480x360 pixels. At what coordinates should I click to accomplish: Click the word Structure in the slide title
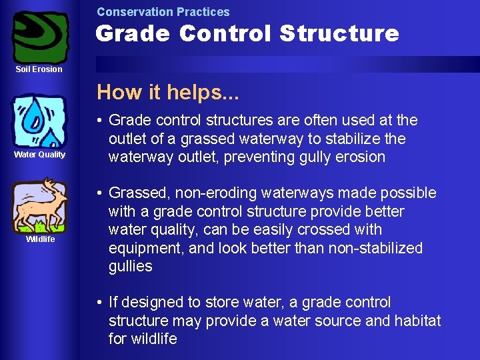339,33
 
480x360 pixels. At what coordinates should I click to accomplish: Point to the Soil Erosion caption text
39,69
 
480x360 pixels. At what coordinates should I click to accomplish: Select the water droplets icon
40,121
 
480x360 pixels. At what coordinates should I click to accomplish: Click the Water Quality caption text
40,155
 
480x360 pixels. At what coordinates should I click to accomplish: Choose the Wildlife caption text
40,239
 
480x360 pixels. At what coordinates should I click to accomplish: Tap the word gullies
131,267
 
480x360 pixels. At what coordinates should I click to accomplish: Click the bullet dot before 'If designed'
99,303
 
